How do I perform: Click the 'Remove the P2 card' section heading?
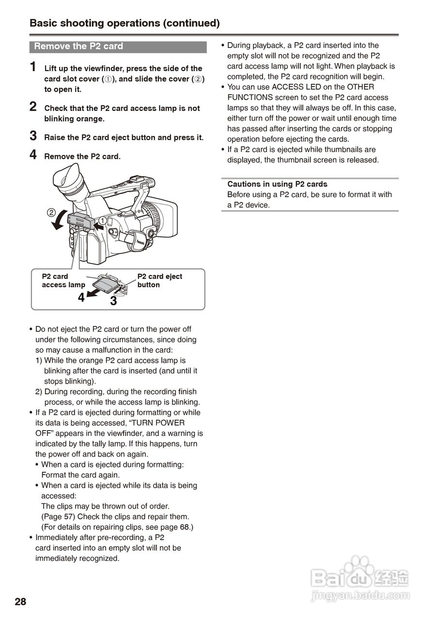[79, 46]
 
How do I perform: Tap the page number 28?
[20, 602]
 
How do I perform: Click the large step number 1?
[33, 67]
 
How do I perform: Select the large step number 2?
[33, 107]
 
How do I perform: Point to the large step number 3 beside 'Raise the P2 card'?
[33, 136]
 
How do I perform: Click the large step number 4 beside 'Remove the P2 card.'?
[33, 155]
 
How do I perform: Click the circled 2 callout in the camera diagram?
[51, 212]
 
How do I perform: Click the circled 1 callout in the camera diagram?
[102, 220]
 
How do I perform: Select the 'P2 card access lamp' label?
[63, 280]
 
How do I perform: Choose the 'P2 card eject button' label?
[159, 280]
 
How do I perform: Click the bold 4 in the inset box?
[81, 297]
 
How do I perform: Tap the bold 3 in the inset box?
[113, 301]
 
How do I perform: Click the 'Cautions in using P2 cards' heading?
[277, 184]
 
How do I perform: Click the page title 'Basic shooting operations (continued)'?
[125, 23]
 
